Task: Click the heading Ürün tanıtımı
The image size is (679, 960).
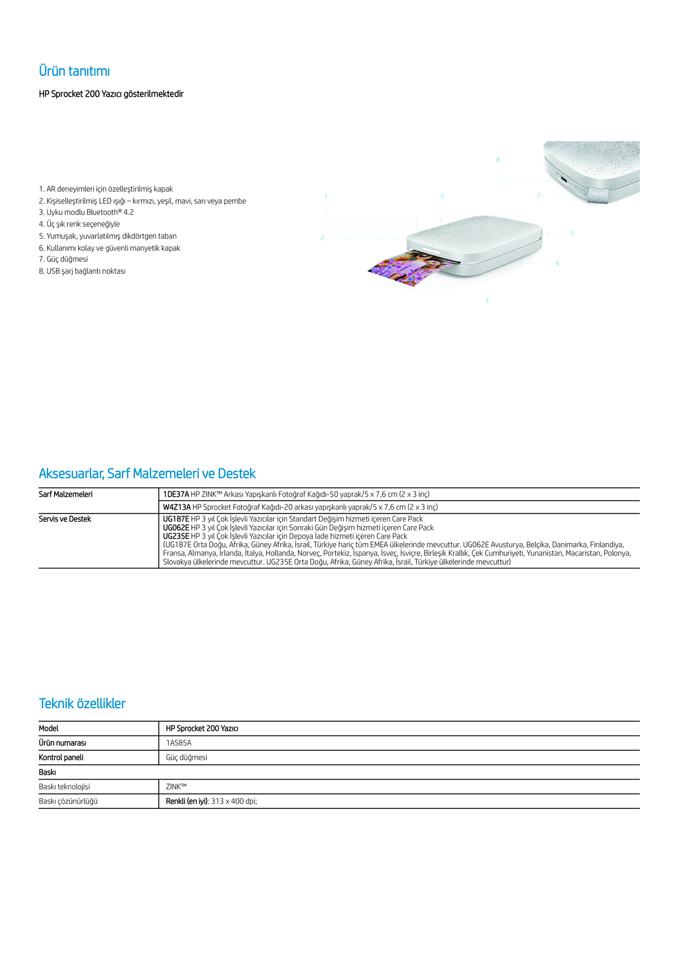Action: point(74,71)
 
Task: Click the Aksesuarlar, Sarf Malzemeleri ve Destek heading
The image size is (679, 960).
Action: point(147,473)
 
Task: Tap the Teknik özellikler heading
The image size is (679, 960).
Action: point(82,704)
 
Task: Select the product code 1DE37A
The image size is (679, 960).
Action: point(176,494)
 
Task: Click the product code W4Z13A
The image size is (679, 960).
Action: point(177,507)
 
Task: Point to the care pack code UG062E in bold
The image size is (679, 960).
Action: point(176,528)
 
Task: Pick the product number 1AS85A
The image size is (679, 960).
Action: point(179,743)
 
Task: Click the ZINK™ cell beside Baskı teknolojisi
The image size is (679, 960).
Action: point(176,787)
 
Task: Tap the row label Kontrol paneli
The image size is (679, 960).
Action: point(61,757)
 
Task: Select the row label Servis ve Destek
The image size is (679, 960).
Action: point(65,519)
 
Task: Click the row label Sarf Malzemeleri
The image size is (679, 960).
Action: point(66,494)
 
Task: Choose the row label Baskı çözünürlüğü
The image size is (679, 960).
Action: point(68,802)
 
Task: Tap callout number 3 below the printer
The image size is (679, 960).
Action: point(487,301)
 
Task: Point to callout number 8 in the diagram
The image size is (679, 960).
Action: point(498,160)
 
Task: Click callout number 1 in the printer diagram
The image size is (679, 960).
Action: point(326,196)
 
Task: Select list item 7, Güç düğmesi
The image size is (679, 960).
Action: point(63,260)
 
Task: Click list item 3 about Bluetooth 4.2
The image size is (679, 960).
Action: point(86,213)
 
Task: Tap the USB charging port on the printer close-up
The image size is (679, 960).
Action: point(564,181)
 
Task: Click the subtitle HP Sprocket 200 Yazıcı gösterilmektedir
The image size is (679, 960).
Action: point(111,94)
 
